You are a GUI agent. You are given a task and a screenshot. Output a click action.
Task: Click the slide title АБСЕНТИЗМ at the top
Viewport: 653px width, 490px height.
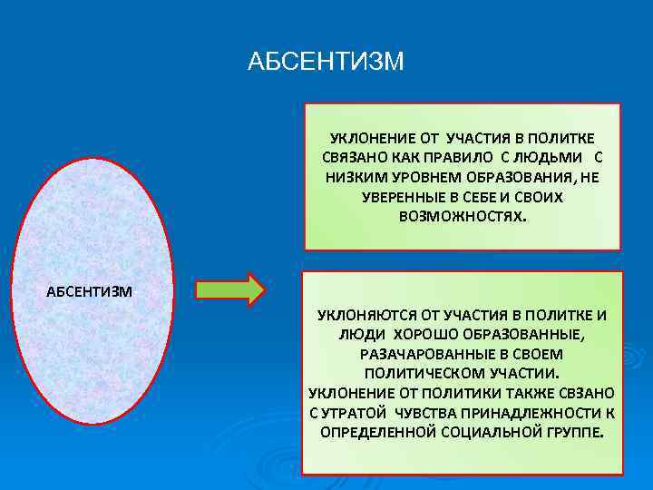coord(326,63)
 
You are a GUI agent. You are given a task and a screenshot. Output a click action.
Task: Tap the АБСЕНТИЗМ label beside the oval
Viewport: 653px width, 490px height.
coord(90,291)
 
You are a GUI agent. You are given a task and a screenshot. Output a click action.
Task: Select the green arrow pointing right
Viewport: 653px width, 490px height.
coord(230,289)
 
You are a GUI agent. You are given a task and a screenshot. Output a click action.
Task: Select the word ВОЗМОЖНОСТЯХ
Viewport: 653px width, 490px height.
coord(461,217)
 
